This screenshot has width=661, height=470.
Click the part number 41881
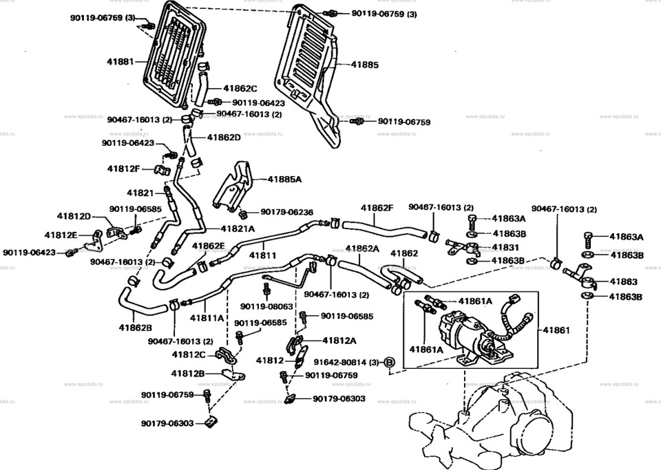(x=120, y=61)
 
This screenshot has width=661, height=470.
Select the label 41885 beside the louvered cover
(x=365, y=65)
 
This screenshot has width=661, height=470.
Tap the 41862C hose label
(x=240, y=89)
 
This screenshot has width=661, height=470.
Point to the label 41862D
(x=224, y=138)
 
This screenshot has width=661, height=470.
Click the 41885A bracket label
(x=284, y=180)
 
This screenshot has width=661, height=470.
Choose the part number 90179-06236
(x=286, y=212)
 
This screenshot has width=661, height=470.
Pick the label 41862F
(x=377, y=208)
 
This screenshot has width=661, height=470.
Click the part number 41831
(x=505, y=247)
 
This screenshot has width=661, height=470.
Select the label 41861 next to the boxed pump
(x=556, y=330)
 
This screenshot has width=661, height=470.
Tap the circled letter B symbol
(x=390, y=362)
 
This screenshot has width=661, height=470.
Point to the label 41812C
(x=189, y=354)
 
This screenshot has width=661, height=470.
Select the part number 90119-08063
(x=266, y=307)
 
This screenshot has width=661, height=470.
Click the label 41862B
(x=136, y=328)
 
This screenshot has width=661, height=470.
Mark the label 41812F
(x=123, y=169)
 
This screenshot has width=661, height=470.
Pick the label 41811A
(x=207, y=318)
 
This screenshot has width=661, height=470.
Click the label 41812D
(x=74, y=217)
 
